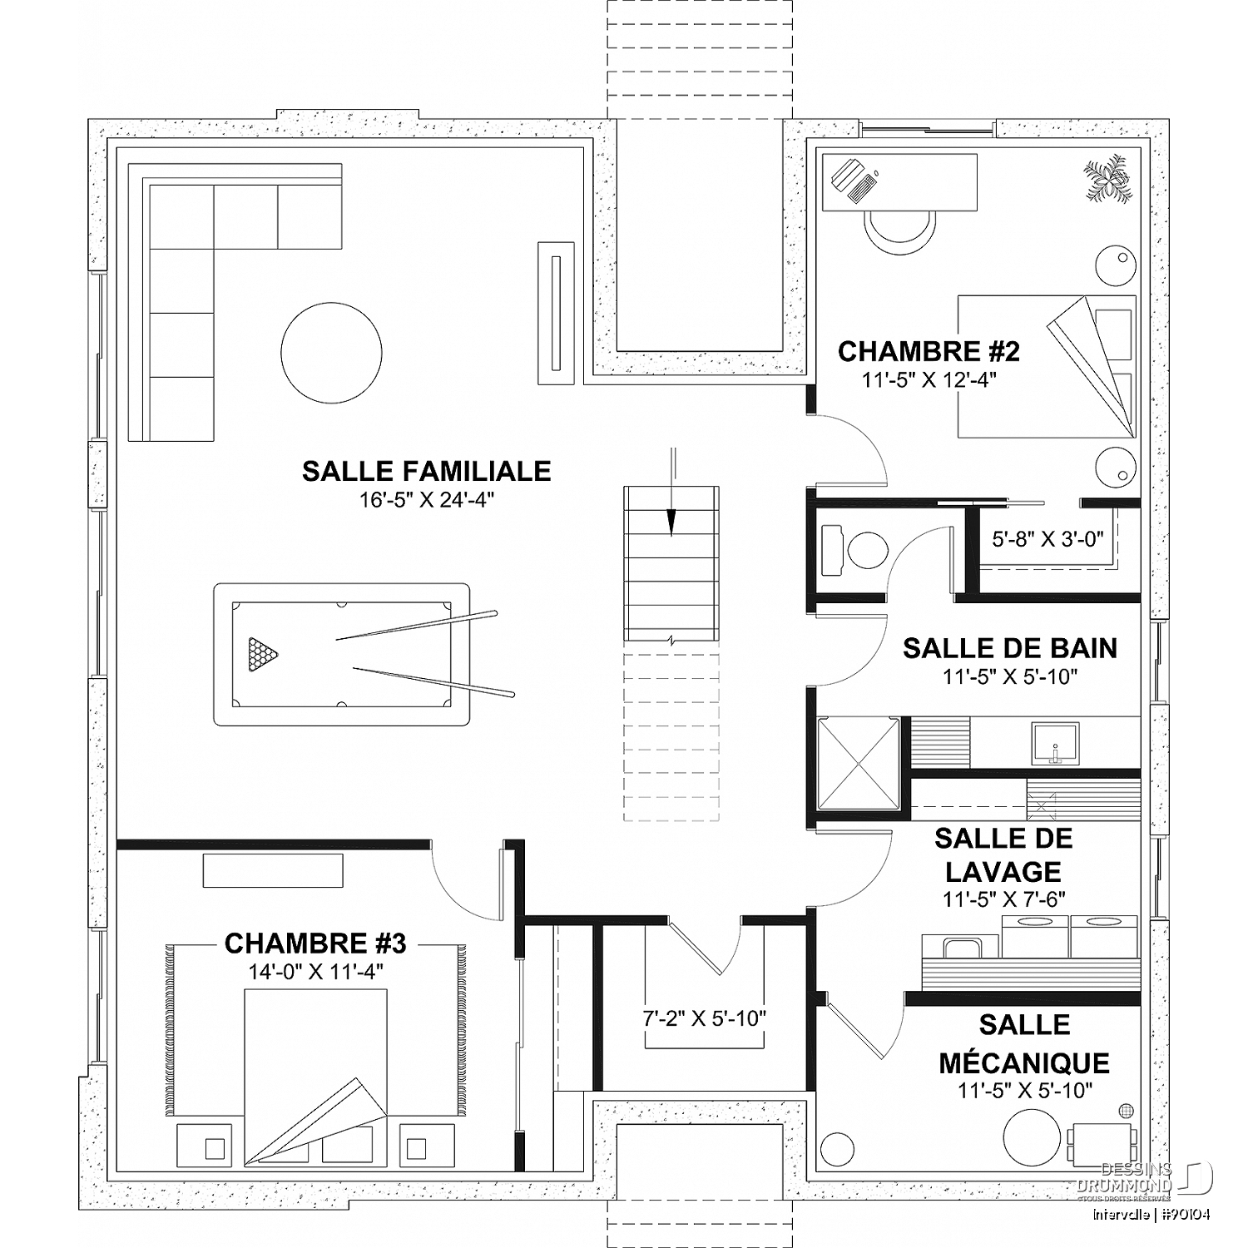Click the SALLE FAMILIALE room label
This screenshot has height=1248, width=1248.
tap(426, 471)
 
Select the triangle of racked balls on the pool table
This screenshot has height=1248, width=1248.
tap(262, 654)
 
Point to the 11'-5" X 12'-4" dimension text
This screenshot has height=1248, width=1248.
tap(929, 380)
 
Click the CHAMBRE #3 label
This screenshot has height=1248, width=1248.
tap(315, 943)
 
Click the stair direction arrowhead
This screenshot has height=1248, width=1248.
tap(671, 522)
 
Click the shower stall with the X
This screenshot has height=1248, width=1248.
tap(859, 763)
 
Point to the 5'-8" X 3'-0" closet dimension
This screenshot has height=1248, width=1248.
tap(1047, 539)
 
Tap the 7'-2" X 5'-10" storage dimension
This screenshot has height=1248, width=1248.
tap(704, 1018)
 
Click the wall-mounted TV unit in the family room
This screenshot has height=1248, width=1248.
tap(556, 313)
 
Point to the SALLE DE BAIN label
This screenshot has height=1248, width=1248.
tap(1010, 648)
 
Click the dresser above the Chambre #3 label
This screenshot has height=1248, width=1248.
tap(273, 870)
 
